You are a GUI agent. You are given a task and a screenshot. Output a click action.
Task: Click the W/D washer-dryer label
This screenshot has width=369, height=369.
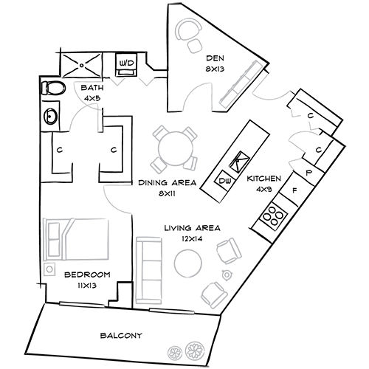coord(126,64)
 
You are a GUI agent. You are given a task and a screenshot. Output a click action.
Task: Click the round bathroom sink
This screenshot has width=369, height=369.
coord(50,116)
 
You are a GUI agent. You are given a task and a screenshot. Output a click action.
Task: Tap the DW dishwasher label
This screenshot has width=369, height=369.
coord(224,180)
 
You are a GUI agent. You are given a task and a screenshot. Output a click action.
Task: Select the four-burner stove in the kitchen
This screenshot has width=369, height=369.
coord(273,214)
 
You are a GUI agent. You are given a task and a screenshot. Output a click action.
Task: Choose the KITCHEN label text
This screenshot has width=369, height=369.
coord(263,179)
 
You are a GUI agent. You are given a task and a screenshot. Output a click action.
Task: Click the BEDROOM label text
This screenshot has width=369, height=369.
coord(86,274)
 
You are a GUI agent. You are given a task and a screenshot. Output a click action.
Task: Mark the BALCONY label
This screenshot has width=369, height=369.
coord(121,335)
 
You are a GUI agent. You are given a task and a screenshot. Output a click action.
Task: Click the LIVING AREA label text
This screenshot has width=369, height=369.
coord(192,228)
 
